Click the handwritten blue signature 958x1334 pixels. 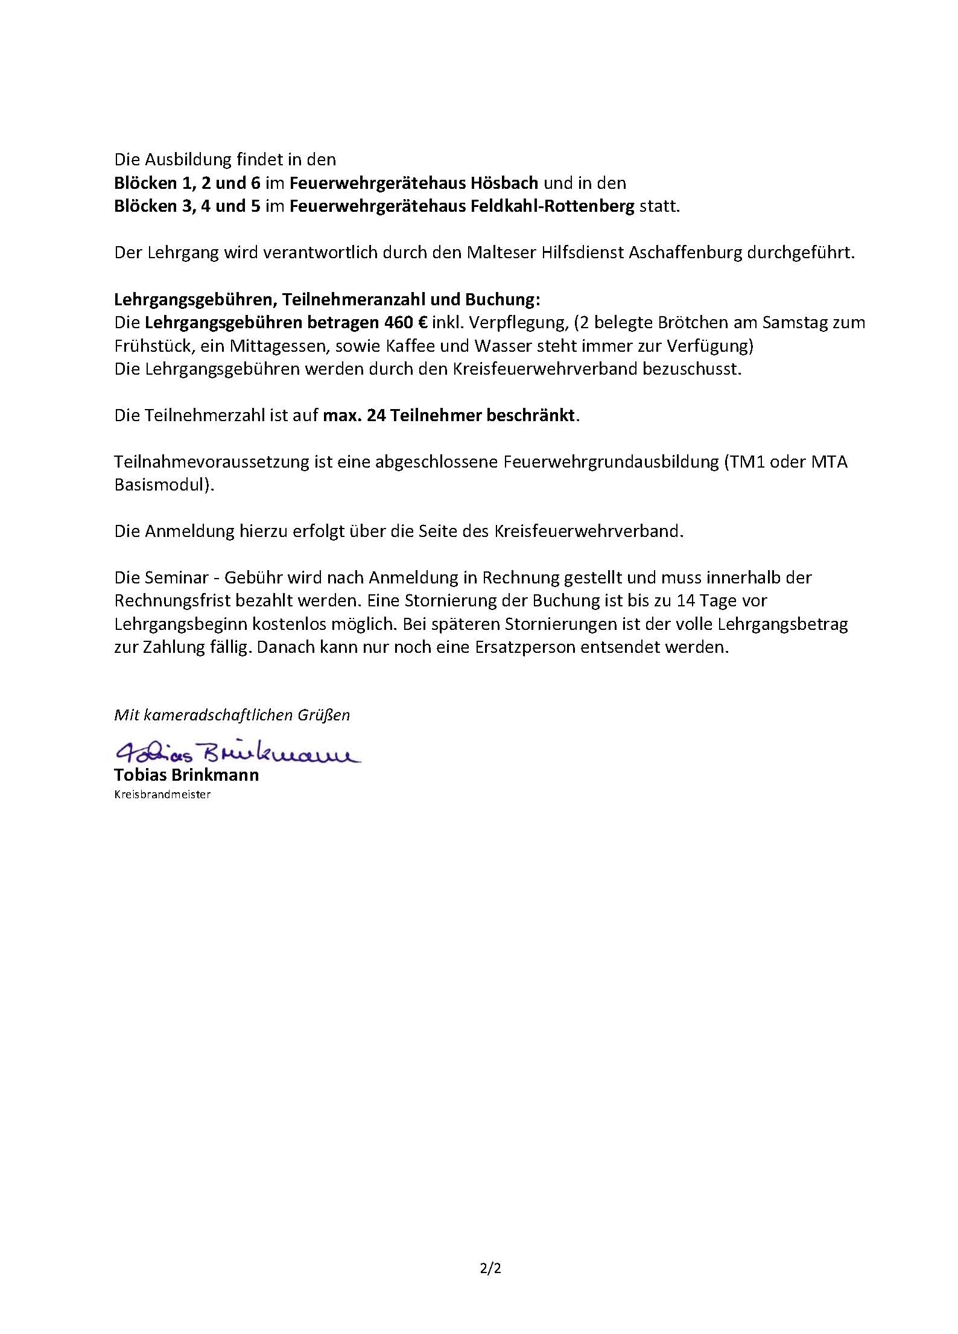[x=236, y=752]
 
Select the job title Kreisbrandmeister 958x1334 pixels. [x=162, y=795]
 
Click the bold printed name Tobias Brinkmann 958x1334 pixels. [x=186, y=775]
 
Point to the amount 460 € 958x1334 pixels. [x=405, y=323]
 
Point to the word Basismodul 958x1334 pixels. [x=161, y=485]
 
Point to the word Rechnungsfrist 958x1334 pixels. [x=174, y=600]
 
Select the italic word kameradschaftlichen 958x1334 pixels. [x=219, y=715]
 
